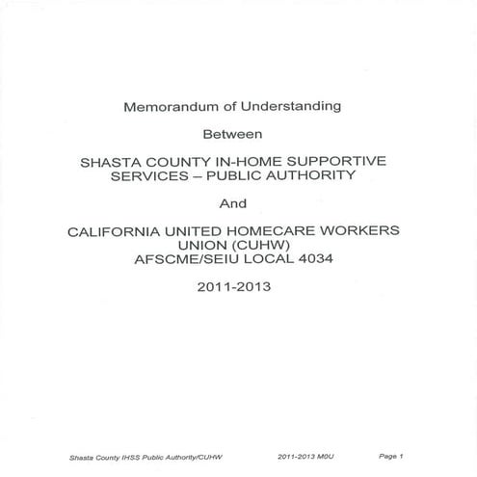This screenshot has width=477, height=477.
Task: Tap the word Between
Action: click(x=238, y=135)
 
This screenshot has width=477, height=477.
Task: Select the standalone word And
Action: click(x=238, y=204)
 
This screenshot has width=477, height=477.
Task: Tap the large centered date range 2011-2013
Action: click(x=238, y=288)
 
